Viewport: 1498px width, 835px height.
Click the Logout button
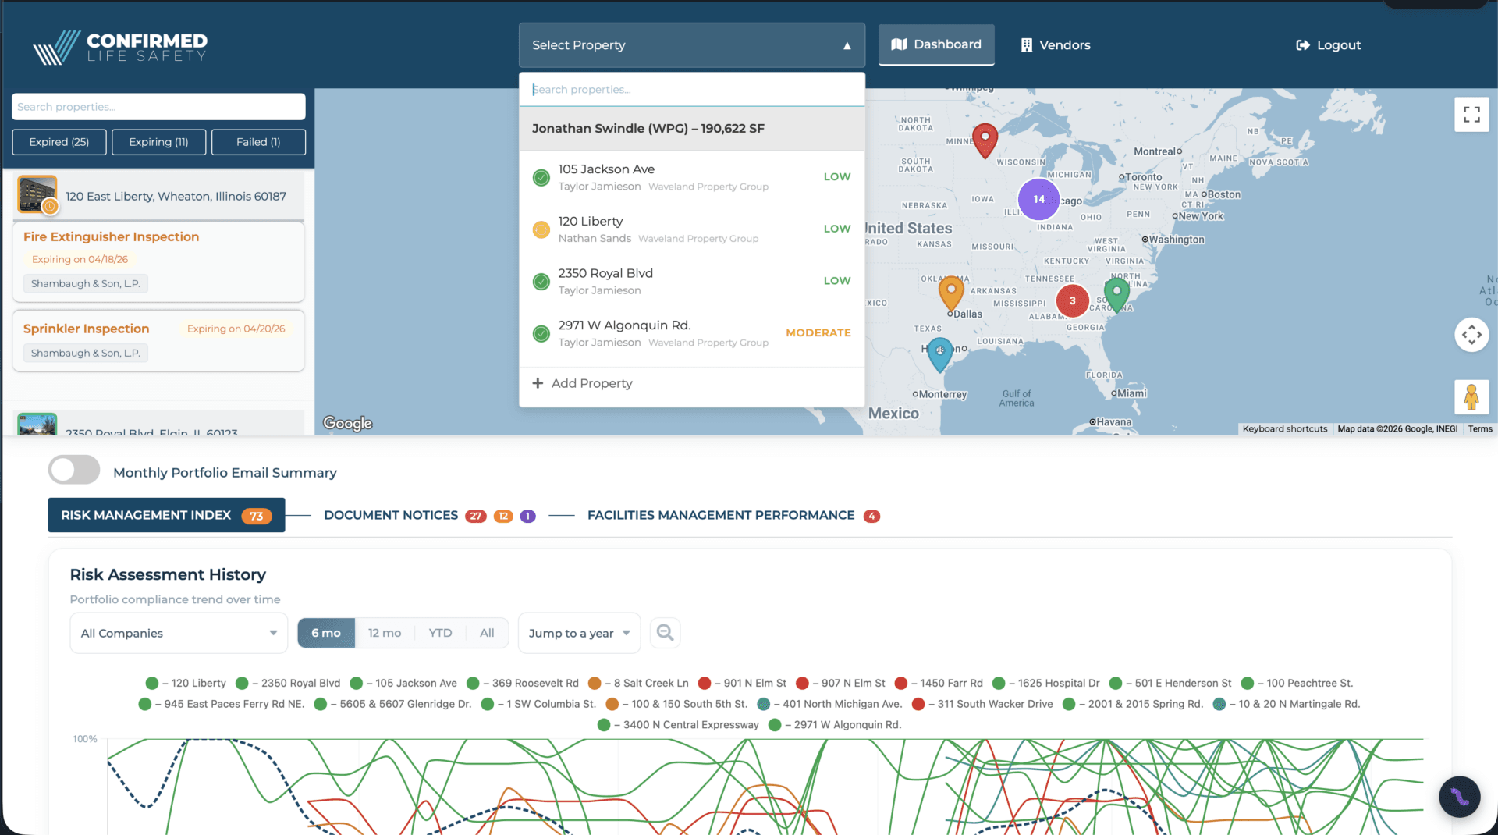[1328, 45]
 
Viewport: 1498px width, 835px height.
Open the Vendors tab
[1056, 45]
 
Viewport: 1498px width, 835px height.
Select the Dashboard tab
[936, 44]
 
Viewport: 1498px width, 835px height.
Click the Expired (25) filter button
[59, 142]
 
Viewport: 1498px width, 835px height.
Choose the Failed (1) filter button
[258, 142]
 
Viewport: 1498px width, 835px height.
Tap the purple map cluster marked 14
[1038, 199]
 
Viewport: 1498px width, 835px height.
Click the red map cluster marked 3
[1072, 300]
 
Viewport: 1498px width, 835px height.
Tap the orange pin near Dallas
[950, 292]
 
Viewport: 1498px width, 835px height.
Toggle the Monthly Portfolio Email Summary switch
[74, 471]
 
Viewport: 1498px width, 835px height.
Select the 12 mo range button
[385, 633]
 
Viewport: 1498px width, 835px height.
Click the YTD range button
[440, 633]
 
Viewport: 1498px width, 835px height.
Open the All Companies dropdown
[179, 633]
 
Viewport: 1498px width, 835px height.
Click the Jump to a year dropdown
[579, 633]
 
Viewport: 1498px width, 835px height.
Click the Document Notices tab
[391, 516]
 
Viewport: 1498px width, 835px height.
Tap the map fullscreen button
[1471, 115]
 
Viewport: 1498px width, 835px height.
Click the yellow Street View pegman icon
[1471, 397]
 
